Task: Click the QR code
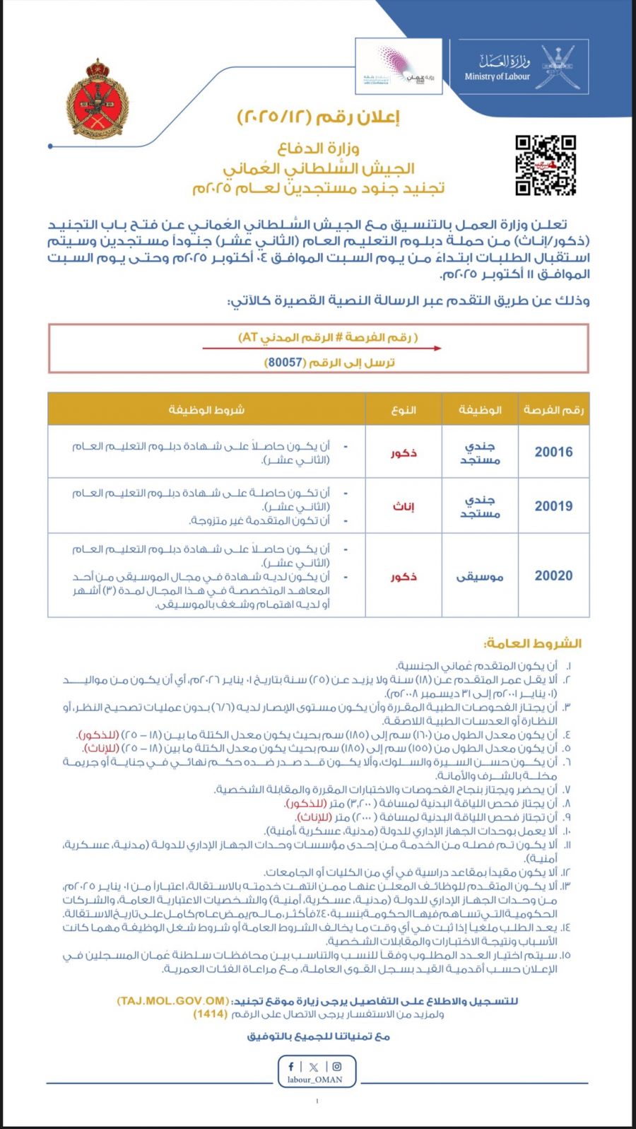(x=545, y=165)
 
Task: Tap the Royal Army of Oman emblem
(x=98, y=100)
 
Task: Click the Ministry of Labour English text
(x=497, y=76)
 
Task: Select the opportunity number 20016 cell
(x=553, y=452)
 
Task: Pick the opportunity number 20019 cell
(x=553, y=505)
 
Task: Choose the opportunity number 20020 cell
(x=553, y=575)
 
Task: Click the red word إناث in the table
(x=403, y=506)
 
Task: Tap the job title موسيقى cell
(x=480, y=576)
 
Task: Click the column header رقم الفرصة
(x=553, y=409)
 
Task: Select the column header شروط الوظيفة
(x=206, y=409)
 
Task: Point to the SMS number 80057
(x=285, y=362)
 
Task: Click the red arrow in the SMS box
(x=322, y=349)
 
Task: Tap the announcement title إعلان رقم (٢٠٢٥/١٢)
(x=318, y=117)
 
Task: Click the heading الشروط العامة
(x=532, y=643)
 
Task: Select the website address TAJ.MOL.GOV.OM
(x=173, y=1001)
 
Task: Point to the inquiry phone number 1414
(x=211, y=1014)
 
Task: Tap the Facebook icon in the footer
(x=291, y=1067)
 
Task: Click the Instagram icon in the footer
(x=337, y=1067)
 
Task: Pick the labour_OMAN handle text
(x=315, y=1080)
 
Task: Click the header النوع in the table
(x=403, y=409)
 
